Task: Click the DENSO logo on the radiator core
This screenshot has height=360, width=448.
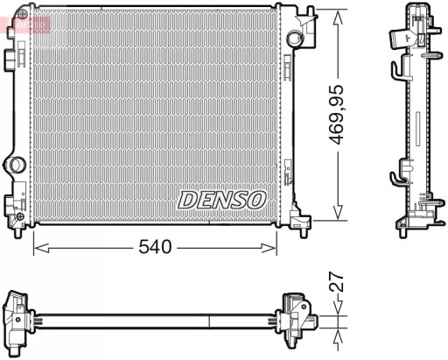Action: pyautogui.click(x=222, y=199)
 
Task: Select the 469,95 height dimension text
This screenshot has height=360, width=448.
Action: pyautogui.click(x=347, y=114)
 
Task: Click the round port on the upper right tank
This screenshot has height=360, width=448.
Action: pyautogui.click(x=294, y=38)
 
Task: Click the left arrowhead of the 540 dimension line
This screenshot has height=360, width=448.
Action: pyautogui.click(x=38, y=248)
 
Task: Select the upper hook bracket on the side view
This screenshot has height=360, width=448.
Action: pyautogui.click(x=398, y=70)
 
